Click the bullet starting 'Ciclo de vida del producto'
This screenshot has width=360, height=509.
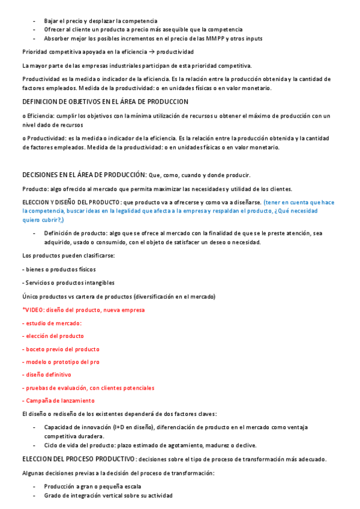150,445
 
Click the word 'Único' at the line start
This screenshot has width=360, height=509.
30,297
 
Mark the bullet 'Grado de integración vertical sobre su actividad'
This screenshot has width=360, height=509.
108,496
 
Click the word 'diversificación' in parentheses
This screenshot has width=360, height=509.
157,297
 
